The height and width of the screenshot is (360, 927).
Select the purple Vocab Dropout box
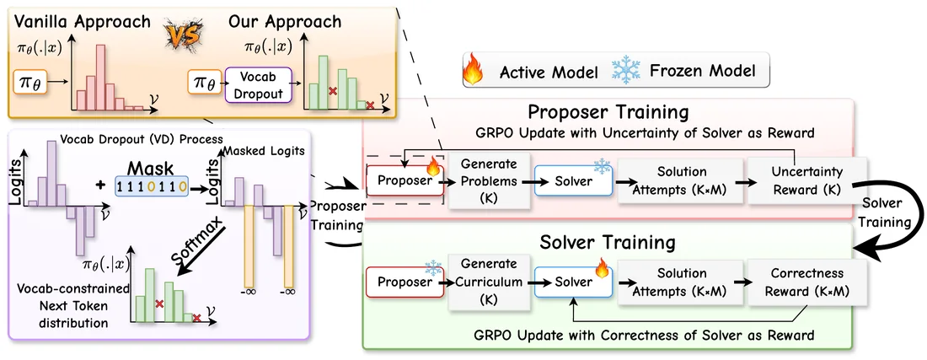[259, 84]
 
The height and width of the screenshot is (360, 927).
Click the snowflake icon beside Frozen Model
[626, 70]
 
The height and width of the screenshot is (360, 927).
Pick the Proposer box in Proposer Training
[405, 180]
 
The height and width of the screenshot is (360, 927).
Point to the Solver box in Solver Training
[573, 282]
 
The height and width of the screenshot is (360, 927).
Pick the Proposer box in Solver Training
[405, 282]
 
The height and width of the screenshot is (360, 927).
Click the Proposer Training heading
[608, 112]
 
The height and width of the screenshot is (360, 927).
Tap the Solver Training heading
[609, 242]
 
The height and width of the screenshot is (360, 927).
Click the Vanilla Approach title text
[83, 22]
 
